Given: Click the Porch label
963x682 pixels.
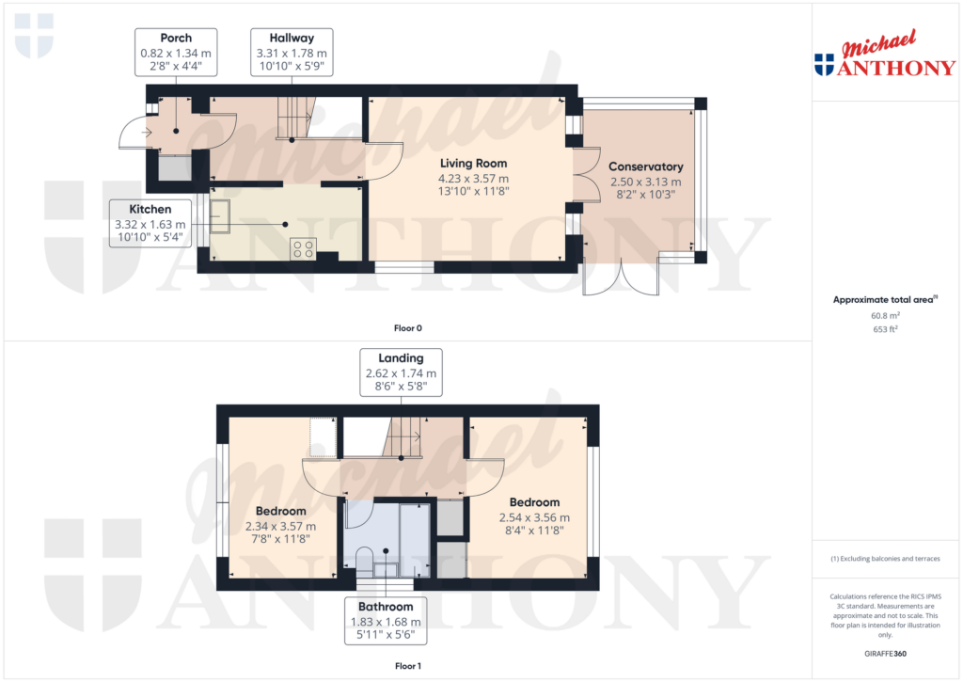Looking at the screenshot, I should pos(176,39).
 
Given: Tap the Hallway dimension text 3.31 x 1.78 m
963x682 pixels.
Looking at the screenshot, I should pos(291,54).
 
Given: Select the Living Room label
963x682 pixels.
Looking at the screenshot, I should pos(473,164).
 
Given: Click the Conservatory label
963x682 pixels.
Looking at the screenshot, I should pos(645,167).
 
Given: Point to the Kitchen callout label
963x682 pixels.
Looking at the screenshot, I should pos(151,209).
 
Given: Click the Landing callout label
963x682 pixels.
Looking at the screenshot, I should pos(401,357).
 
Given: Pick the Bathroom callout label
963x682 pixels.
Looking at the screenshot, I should pos(385,607).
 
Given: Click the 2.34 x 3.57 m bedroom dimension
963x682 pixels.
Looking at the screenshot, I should pos(280,527).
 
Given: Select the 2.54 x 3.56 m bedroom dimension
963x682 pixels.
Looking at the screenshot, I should pos(534,517).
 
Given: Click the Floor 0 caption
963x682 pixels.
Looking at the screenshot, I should pos(407,328).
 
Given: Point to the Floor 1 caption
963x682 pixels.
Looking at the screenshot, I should pos(407,665).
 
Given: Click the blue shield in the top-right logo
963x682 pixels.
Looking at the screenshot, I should pos(824,63).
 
